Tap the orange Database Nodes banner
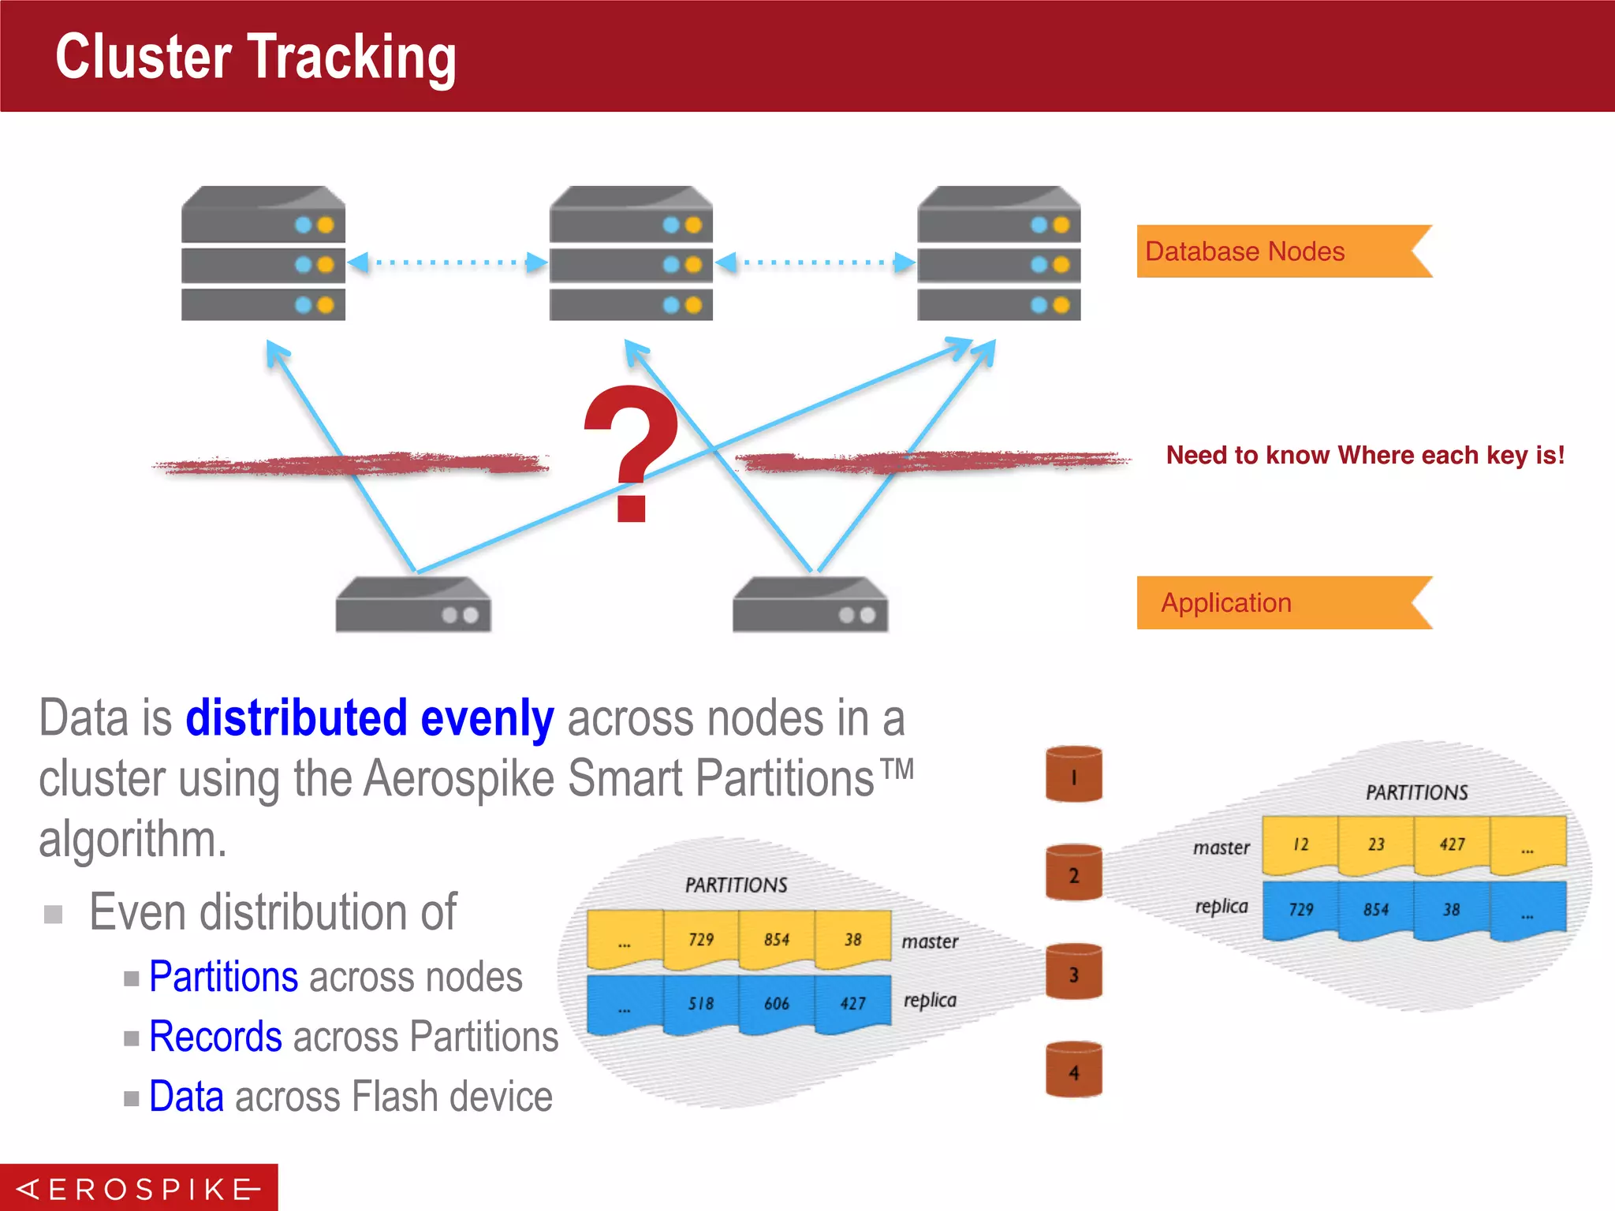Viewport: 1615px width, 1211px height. click(x=1277, y=252)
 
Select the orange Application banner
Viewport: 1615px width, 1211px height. click(x=1277, y=603)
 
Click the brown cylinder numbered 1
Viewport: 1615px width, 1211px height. click(x=1073, y=774)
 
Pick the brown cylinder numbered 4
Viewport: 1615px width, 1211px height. click(x=1073, y=1070)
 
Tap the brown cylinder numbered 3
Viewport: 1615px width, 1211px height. click(x=1073, y=971)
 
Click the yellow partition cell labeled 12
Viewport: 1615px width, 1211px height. click(x=1300, y=845)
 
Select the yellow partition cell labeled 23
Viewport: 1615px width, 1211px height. click(x=1376, y=845)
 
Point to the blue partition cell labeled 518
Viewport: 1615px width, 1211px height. click(x=701, y=1003)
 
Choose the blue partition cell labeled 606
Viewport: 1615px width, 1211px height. click(x=777, y=1003)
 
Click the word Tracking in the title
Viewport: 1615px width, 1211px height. click(x=352, y=57)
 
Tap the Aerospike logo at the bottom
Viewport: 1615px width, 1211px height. click(x=139, y=1188)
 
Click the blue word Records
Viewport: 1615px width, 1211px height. click(x=215, y=1037)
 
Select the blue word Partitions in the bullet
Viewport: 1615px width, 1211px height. click(x=224, y=978)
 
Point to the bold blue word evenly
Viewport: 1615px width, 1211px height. click(x=487, y=719)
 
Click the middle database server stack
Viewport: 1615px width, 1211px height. click(x=631, y=253)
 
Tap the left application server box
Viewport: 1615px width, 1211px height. click(x=413, y=605)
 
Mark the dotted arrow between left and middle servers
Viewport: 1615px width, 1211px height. click(x=447, y=262)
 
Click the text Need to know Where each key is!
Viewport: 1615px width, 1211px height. click(x=1365, y=455)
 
